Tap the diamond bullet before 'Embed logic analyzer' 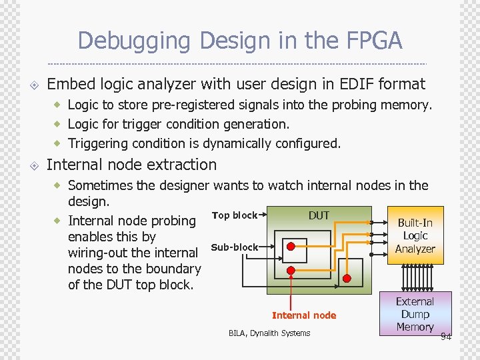click(34, 85)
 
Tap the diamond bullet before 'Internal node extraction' click(34, 165)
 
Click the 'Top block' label click(234, 215)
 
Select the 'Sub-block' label click(234, 247)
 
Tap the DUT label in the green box click(319, 215)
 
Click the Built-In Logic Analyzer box click(415, 235)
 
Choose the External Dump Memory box click(415, 314)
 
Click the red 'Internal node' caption click(304, 315)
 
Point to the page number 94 click(445, 337)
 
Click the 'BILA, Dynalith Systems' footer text click(269, 333)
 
